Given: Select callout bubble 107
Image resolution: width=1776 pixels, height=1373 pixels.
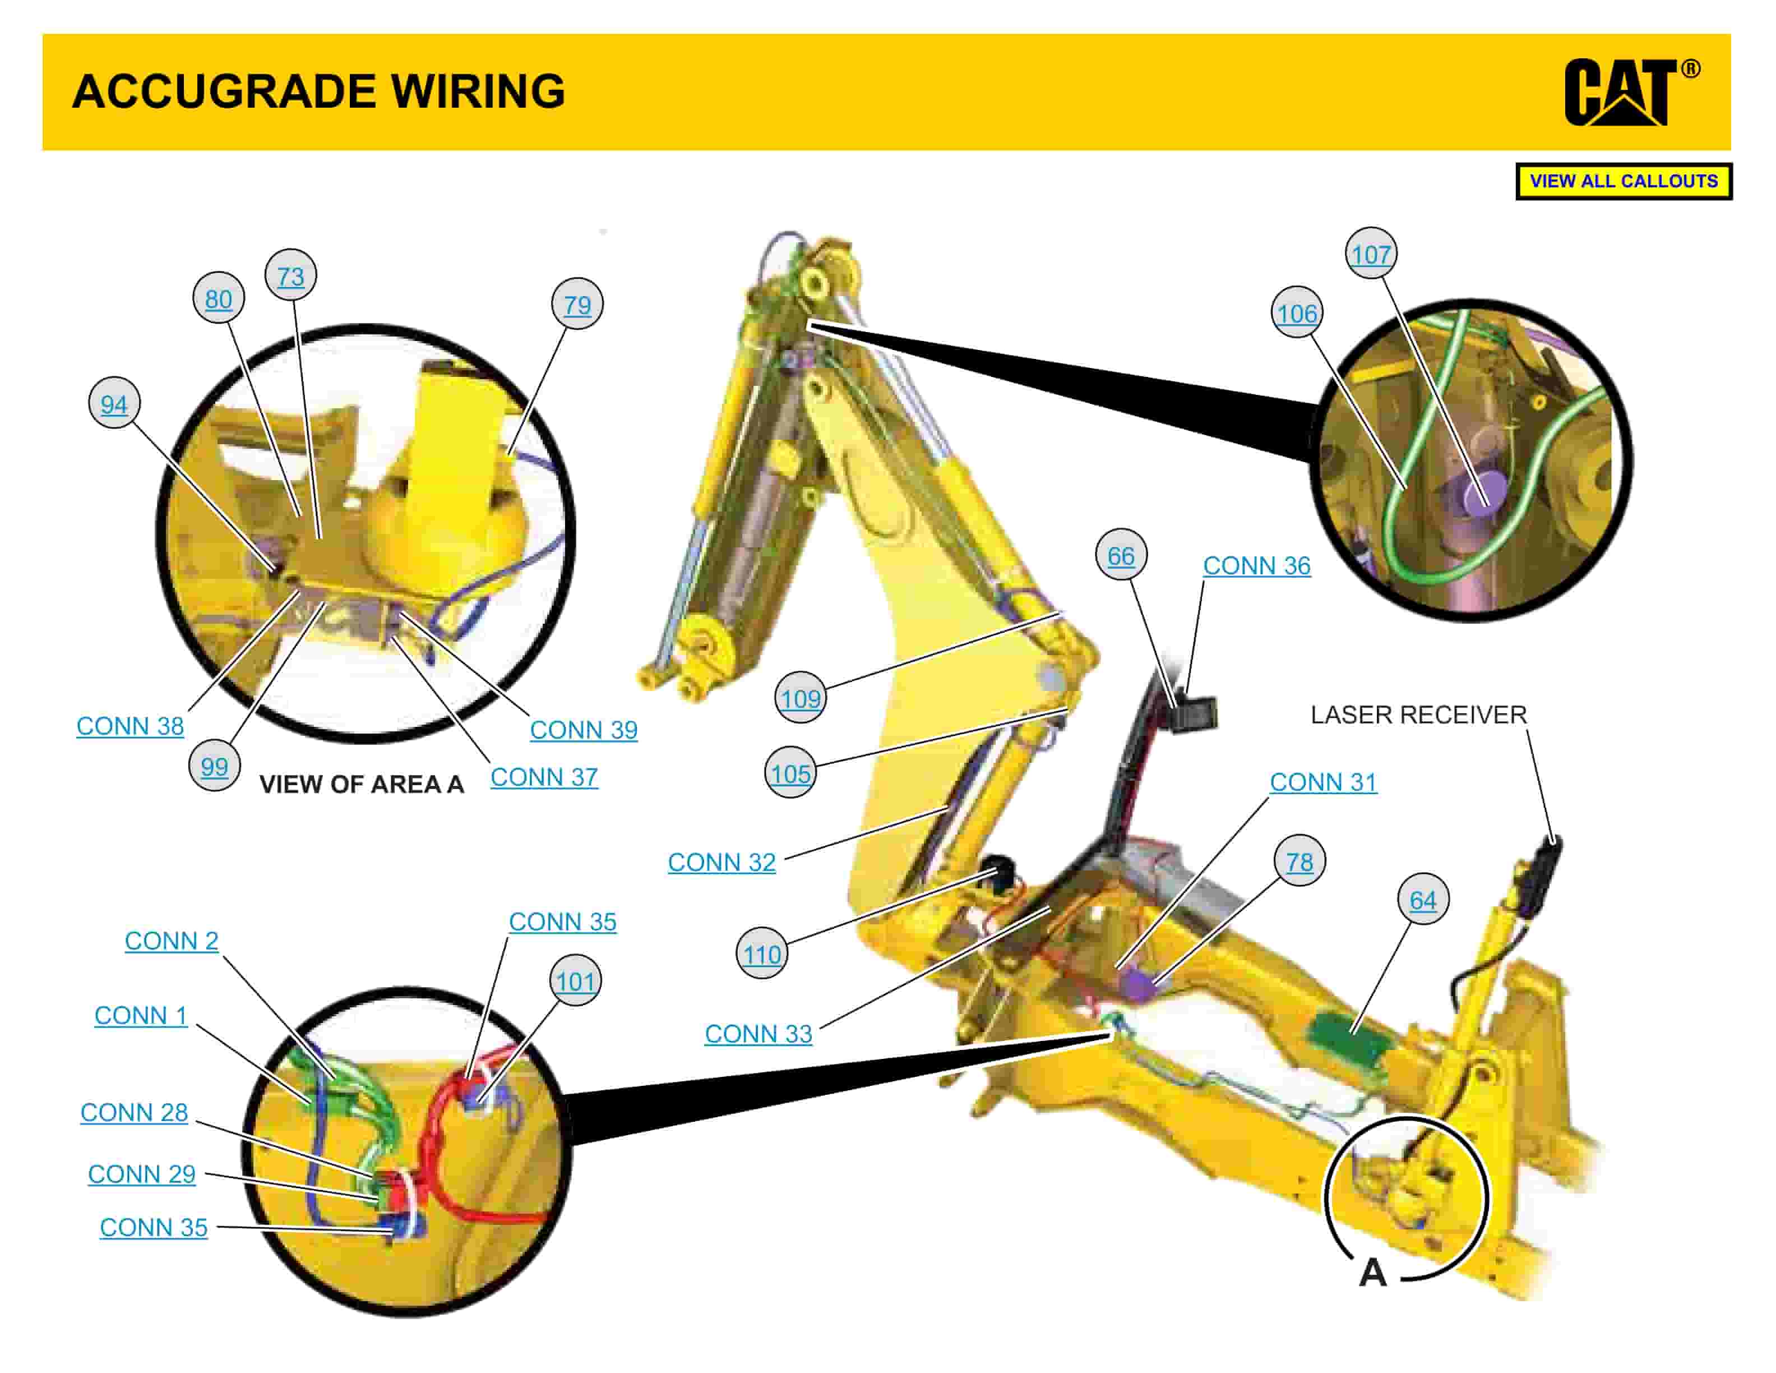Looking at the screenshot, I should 1371,254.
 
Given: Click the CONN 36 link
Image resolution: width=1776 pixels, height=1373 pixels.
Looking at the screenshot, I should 1256,565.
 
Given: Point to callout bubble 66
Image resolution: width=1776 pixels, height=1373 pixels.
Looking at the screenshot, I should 1121,556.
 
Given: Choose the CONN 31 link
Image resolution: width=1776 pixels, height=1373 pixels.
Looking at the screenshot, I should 1323,782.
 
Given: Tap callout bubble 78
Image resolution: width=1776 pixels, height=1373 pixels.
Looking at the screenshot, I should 1299,860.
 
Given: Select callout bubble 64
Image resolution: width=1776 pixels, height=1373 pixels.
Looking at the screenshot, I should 1423,900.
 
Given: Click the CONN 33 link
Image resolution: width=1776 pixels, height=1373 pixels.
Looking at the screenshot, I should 758,1034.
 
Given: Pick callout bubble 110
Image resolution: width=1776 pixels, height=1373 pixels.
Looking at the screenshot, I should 761,954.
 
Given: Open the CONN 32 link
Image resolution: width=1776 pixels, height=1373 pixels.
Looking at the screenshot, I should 721,862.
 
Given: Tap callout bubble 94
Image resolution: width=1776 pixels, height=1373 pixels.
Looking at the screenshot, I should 114,403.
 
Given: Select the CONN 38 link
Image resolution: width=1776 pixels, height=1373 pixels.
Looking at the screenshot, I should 130,726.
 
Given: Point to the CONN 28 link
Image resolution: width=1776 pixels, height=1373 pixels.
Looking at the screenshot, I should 134,1112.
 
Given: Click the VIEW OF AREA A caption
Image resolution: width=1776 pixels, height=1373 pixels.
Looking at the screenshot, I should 361,784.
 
